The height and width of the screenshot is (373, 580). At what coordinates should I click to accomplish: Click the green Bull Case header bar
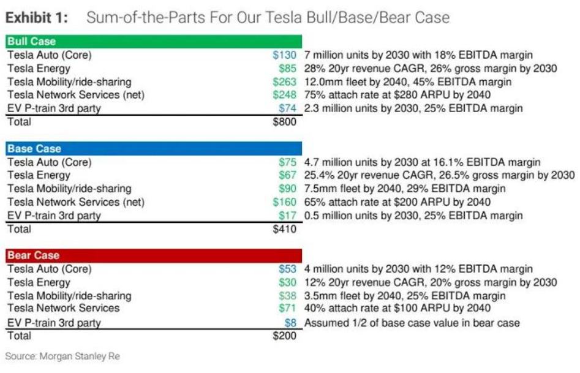[153, 42]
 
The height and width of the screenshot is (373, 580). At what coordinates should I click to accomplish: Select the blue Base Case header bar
[153, 149]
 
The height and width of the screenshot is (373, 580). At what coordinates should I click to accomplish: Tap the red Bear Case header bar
[153, 255]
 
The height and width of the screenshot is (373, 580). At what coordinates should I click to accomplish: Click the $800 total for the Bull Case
[284, 122]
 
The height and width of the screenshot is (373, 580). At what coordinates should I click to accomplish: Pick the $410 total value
[284, 229]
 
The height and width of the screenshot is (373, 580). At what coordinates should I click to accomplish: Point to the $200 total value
[284, 336]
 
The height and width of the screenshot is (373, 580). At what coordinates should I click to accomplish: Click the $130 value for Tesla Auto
[285, 55]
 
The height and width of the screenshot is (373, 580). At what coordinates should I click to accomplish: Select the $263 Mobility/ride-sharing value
[285, 82]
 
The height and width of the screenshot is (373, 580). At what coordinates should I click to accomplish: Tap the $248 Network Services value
[285, 95]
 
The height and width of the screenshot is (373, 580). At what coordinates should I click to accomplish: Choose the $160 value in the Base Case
[285, 202]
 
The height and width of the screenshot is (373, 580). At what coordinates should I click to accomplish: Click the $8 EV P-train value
[290, 323]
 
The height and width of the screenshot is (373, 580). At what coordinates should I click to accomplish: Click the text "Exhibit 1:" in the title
[40, 18]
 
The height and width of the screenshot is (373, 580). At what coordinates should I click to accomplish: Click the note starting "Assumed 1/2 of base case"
[412, 323]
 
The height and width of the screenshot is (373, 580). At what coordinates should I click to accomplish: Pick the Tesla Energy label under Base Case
[38, 176]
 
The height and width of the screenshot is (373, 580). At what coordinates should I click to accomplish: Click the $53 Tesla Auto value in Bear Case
[287, 269]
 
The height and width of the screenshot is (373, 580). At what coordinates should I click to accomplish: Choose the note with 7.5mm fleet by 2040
[404, 189]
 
